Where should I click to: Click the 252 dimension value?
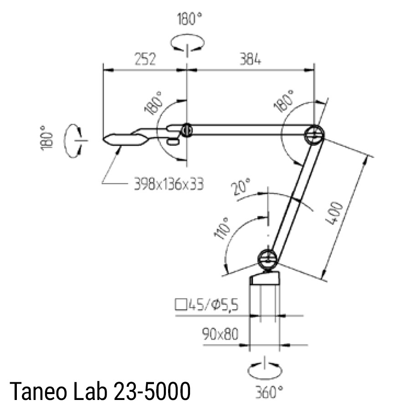144,59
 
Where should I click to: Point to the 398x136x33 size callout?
168,184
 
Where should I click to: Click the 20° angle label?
242,187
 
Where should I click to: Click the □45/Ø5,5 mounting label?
206,305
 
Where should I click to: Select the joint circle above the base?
268,259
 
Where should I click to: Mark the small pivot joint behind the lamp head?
186,131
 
